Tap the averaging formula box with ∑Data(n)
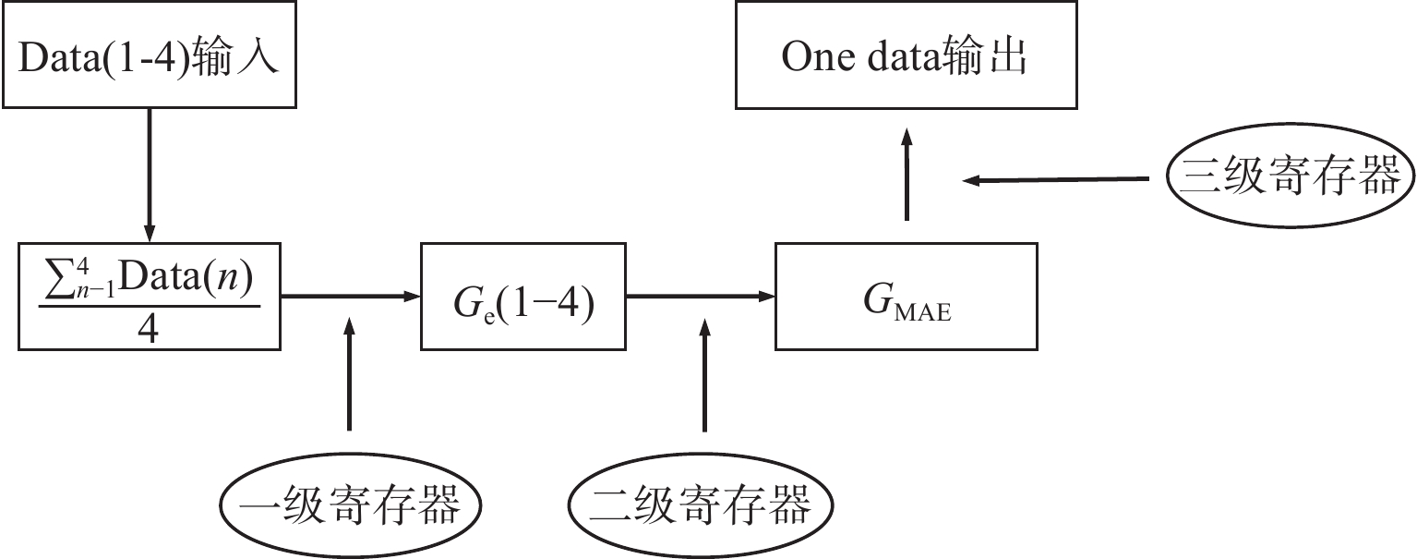(149, 296)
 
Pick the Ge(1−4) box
(522, 296)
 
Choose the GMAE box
(905, 296)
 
